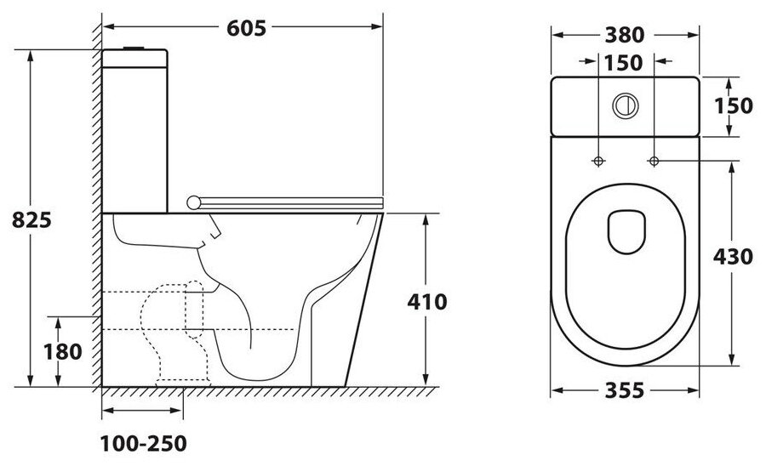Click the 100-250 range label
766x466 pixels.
(142, 443)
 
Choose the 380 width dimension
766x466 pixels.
(626, 35)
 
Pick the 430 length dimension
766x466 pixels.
(734, 256)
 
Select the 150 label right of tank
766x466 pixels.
(734, 105)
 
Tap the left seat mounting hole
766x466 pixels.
(598, 160)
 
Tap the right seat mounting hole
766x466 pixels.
(654, 160)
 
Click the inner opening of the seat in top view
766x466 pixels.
(626, 230)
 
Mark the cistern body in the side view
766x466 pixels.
(136, 128)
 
